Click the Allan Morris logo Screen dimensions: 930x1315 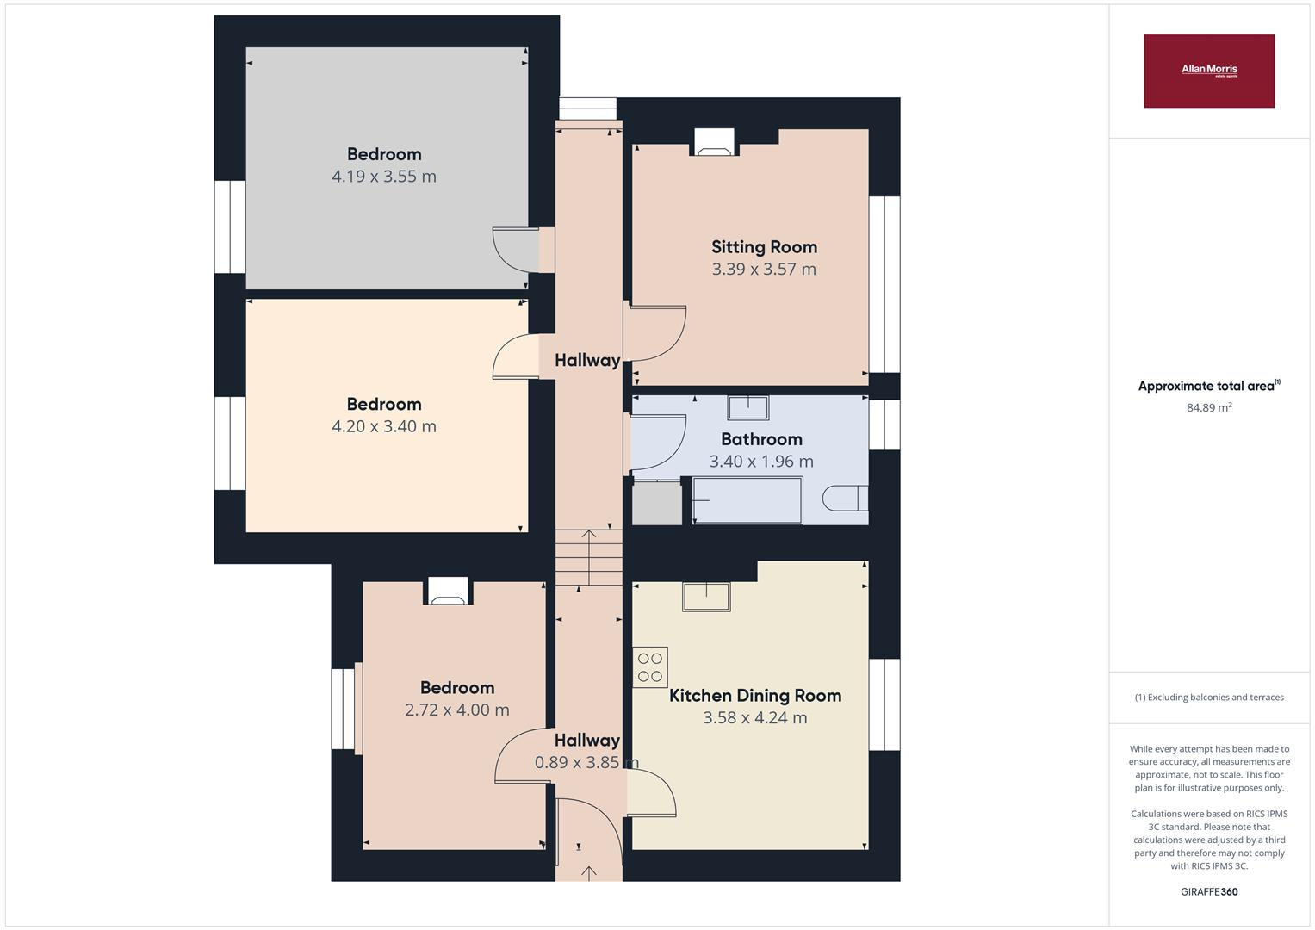(1208, 71)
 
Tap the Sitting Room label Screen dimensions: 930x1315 (764, 247)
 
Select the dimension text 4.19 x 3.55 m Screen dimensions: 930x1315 (384, 177)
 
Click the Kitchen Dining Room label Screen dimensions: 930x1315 (755, 696)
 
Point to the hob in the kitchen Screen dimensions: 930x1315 (650, 666)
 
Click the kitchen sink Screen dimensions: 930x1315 (706, 597)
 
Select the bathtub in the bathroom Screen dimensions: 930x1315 (747, 500)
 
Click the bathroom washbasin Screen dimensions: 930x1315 (747, 406)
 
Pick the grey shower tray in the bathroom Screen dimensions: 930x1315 (657, 502)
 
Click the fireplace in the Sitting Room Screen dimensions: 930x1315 (714, 142)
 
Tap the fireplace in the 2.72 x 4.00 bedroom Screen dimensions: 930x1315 (448, 591)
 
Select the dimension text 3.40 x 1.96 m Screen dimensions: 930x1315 (761, 462)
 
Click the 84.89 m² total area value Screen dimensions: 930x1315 (1209, 408)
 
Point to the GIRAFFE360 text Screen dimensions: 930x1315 (1209, 891)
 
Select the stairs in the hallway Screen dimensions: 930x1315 (589, 557)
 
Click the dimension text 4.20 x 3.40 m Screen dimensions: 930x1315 (384, 426)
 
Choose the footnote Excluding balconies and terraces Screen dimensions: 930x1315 (1209, 697)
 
